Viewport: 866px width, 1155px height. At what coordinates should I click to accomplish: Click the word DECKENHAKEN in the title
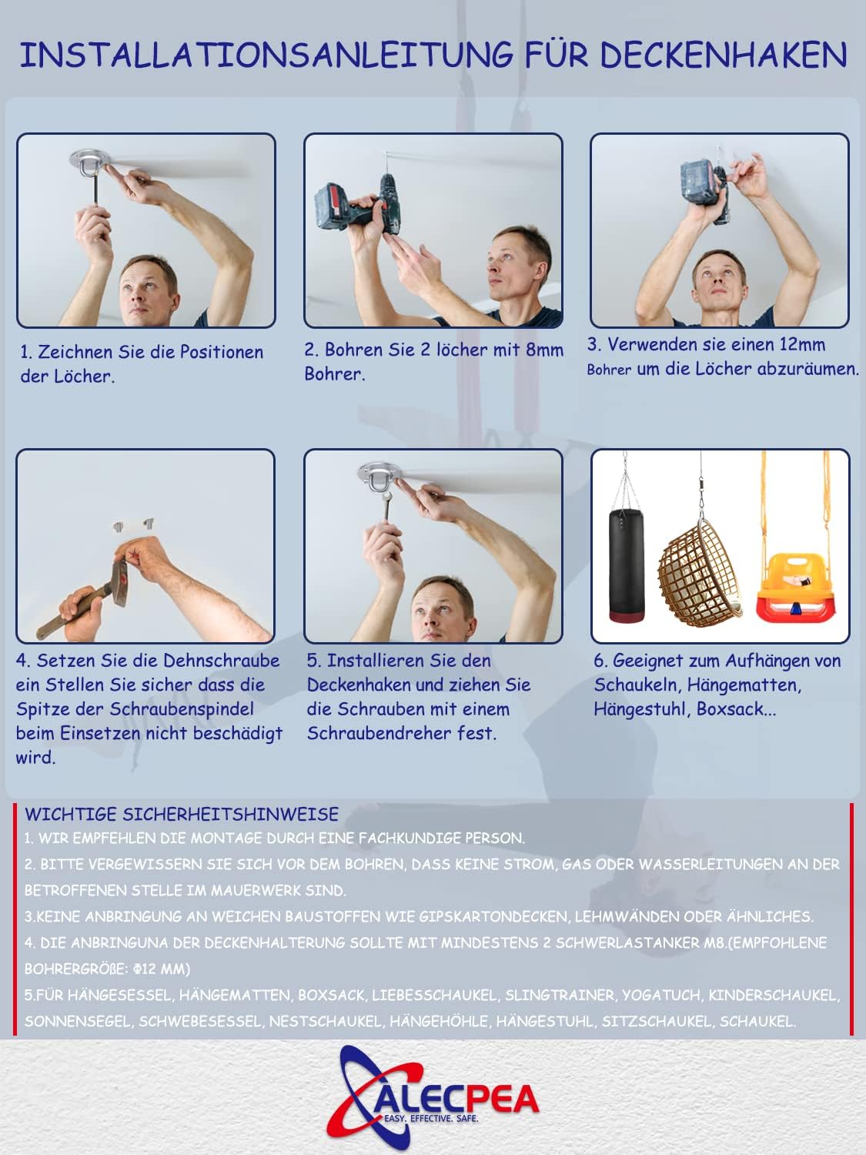(723, 55)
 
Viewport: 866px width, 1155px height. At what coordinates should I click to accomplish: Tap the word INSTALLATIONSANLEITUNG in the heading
(266, 55)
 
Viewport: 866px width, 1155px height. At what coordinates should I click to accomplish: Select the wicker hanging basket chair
(700, 573)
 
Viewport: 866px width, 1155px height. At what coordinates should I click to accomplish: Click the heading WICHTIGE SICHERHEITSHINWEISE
(182, 815)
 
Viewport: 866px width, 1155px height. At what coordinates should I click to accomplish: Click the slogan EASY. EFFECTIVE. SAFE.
(431, 1118)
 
